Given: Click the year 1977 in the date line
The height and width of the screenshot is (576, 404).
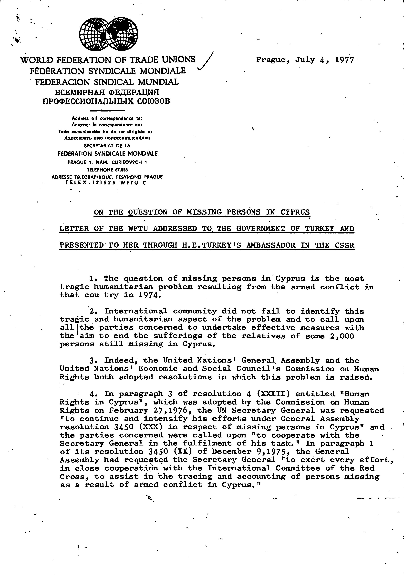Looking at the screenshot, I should [344, 60].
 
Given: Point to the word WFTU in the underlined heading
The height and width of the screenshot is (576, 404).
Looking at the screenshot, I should [137, 229].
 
